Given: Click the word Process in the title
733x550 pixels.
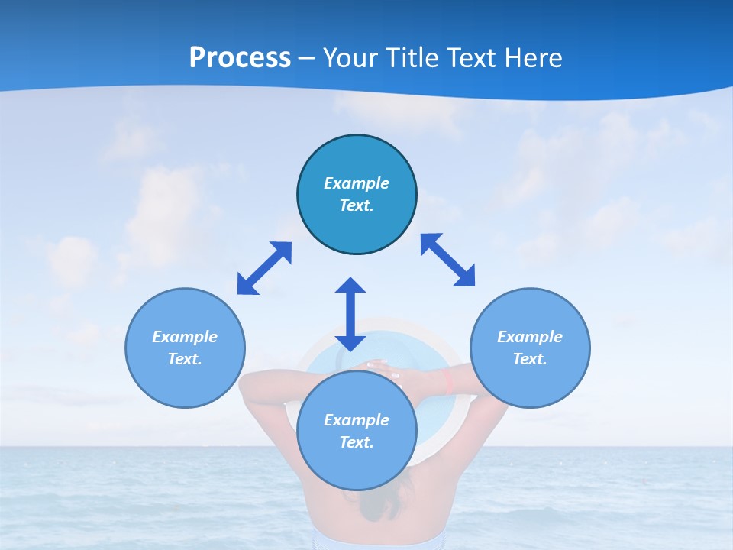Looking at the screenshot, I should (x=240, y=58).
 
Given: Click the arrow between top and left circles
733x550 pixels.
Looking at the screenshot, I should (x=264, y=268).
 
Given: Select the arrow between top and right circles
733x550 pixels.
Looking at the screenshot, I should (x=448, y=260).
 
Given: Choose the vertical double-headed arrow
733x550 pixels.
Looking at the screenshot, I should (x=350, y=314).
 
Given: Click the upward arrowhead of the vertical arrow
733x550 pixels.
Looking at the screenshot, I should (x=350, y=286).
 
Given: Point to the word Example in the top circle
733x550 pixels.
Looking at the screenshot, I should (x=357, y=183).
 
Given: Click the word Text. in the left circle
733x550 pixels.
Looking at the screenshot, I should (x=185, y=359).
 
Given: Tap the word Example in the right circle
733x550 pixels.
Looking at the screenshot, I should (x=530, y=337).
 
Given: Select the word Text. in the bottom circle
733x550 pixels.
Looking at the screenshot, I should (x=357, y=442).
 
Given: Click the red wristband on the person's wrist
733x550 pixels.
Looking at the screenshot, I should (x=450, y=380).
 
